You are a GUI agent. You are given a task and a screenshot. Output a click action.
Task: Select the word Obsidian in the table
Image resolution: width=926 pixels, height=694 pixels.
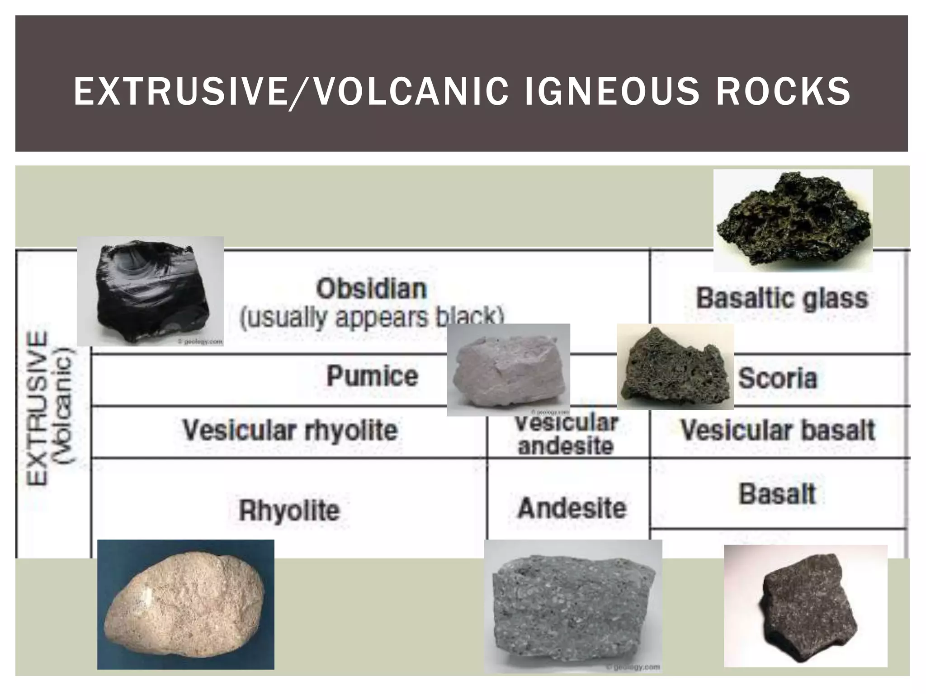[371, 289]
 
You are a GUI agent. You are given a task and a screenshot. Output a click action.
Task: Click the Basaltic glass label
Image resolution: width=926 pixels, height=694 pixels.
[782, 298]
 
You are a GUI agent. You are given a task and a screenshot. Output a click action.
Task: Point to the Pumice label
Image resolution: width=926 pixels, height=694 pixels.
[372, 376]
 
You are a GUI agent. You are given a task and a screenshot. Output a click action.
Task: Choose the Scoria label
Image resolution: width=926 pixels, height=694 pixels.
[778, 379]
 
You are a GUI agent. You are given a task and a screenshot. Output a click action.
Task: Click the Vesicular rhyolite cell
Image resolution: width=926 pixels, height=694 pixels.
[290, 430]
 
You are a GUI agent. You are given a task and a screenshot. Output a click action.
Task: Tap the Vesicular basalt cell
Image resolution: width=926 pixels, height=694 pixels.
[778, 430]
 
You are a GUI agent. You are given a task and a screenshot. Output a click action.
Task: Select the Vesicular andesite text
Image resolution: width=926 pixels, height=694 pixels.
[566, 435]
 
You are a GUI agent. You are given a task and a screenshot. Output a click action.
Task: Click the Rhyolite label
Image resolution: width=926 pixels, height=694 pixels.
[289, 511]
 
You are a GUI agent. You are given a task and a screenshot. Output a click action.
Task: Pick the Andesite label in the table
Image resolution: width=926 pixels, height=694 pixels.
[572, 508]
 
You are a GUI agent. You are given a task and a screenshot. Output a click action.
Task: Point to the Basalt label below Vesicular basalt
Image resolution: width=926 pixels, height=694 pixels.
[777, 494]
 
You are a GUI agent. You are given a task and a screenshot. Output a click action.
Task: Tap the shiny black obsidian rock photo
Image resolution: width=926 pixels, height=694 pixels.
[151, 291]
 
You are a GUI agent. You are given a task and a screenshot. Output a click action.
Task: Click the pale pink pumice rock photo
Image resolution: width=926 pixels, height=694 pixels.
[508, 370]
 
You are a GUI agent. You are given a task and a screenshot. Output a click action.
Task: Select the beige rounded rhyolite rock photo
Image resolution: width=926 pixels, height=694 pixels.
[185, 604]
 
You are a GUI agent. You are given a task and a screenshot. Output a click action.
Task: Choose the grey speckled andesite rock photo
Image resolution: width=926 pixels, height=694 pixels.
[573, 606]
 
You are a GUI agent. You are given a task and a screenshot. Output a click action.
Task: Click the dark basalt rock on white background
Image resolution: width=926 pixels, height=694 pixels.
[805, 605]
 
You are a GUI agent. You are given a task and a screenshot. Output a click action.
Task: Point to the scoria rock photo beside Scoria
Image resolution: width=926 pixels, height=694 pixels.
[675, 367]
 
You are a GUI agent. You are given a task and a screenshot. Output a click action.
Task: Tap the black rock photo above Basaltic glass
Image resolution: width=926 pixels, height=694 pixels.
[793, 220]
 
